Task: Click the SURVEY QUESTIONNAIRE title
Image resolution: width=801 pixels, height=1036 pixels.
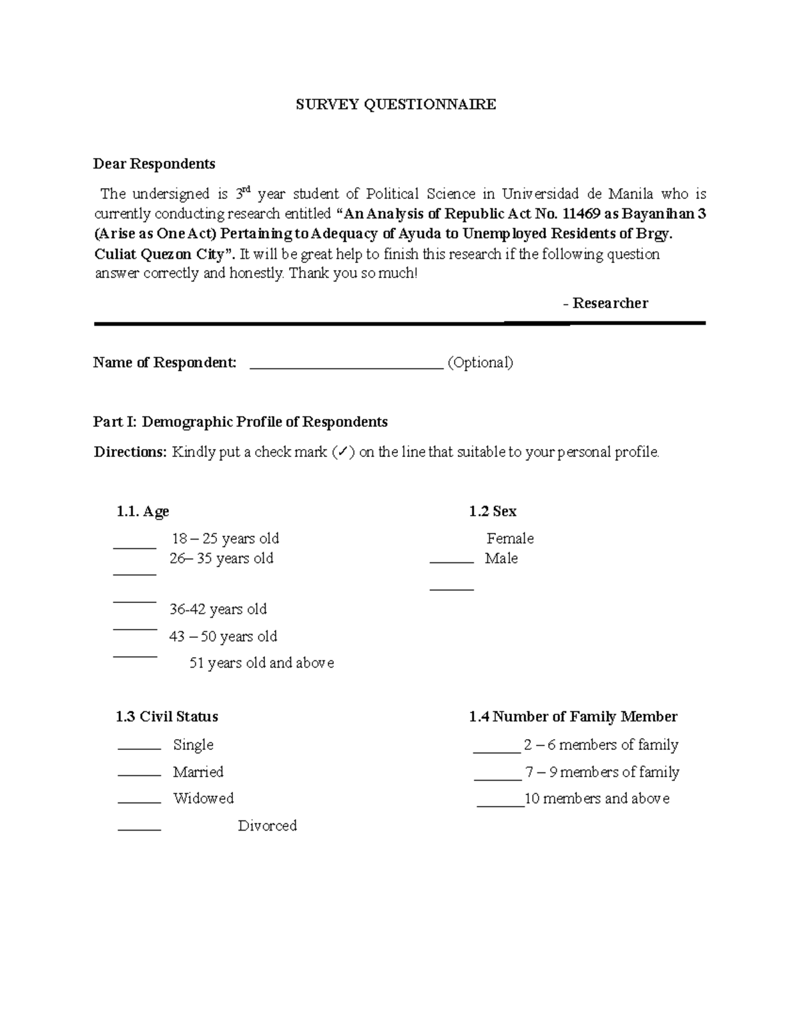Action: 396,104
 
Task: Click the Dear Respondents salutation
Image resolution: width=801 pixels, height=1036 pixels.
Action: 154,163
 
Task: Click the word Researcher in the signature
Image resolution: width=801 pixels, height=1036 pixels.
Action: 610,304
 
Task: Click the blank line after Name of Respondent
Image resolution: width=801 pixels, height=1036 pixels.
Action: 346,364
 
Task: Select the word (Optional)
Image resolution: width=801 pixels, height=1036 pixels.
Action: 480,363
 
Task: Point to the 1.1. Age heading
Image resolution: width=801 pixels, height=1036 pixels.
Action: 142,512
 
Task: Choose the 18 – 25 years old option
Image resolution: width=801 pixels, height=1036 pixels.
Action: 225,538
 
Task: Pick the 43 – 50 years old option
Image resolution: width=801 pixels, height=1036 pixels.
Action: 223,636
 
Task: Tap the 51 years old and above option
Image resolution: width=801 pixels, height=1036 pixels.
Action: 262,663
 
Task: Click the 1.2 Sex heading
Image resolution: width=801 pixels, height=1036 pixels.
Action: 493,512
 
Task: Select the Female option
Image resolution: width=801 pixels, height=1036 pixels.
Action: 510,538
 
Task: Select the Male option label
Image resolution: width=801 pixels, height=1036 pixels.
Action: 501,558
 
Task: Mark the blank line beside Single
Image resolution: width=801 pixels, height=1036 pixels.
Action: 140,748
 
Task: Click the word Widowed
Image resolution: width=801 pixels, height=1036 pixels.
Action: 203,799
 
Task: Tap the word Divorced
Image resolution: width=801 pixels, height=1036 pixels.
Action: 267,826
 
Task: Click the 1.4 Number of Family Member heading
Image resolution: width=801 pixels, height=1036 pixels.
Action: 573,717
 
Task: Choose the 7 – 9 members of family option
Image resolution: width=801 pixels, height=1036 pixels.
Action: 602,772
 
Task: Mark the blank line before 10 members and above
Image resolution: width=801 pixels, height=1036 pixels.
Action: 501,805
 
